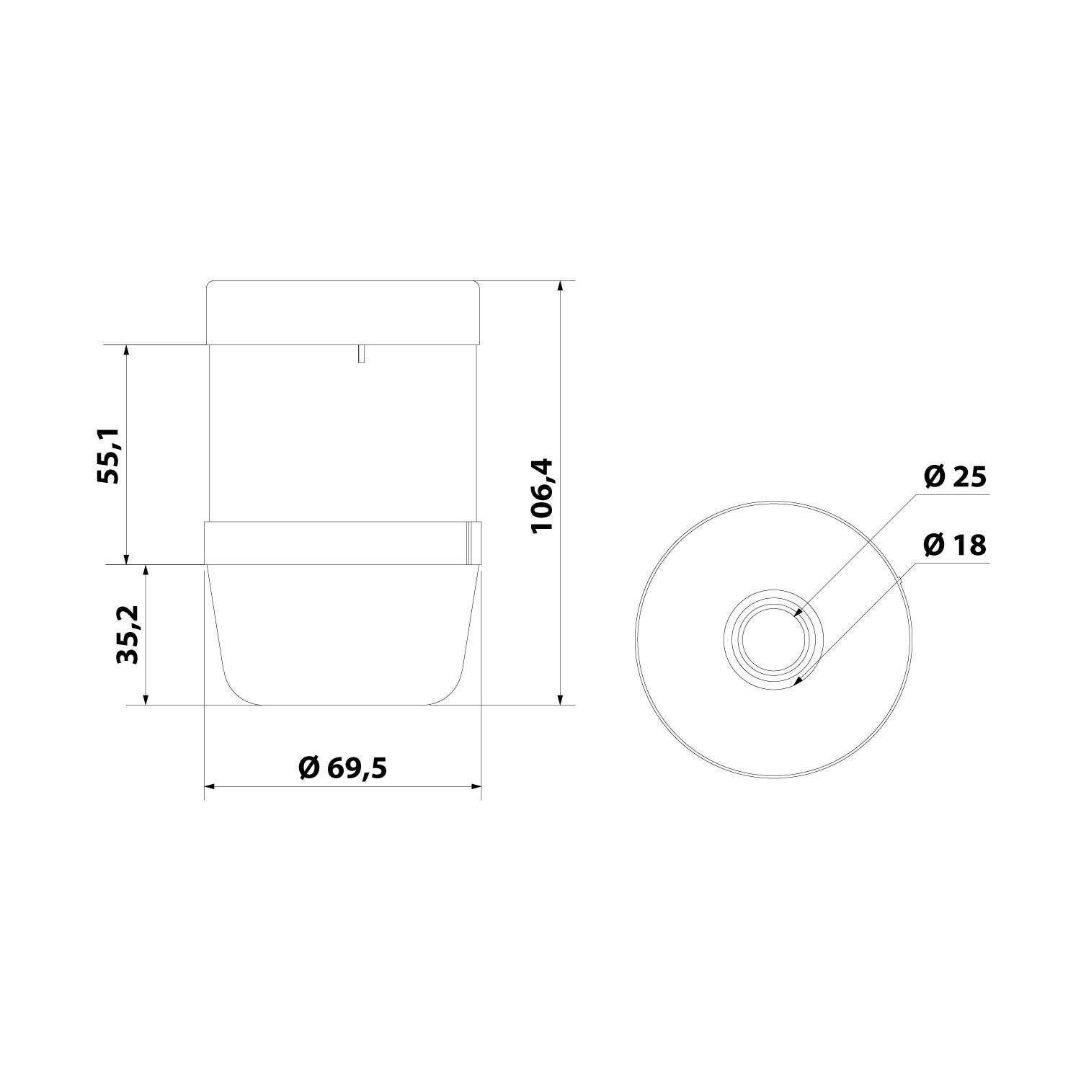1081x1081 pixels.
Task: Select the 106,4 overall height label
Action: (541, 495)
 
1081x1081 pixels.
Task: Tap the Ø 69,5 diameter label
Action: (342, 768)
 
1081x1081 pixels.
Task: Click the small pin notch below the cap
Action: (360, 353)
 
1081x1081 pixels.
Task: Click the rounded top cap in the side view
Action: (343, 311)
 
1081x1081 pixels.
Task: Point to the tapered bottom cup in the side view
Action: (343, 634)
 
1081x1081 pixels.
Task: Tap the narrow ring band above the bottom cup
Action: (335, 543)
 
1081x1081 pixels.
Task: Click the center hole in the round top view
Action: (774, 639)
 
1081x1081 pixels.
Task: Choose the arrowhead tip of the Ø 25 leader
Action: (796, 615)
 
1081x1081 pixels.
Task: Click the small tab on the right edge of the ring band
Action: (473, 543)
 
